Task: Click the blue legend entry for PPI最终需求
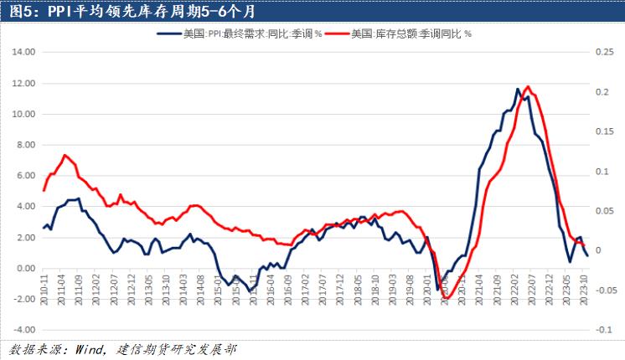tap(240, 33)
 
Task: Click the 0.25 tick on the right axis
tap(604, 52)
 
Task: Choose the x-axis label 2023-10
tap(584, 285)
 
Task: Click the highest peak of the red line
tap(526, 86)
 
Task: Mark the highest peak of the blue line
tap(518, 89)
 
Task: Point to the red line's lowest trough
tap(446, 298)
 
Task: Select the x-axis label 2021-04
tap(480, 285)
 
